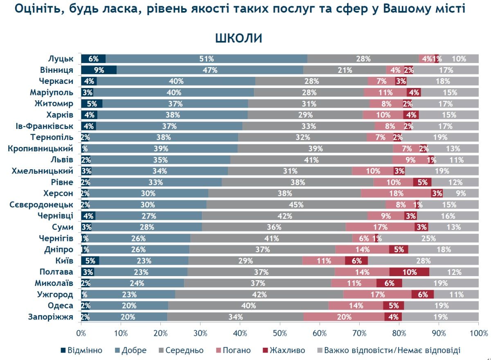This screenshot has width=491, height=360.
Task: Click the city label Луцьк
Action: coord(60,58)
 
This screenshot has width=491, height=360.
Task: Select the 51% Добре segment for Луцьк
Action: coord(207,59)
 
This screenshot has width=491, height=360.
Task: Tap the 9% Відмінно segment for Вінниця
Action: coord(99,70)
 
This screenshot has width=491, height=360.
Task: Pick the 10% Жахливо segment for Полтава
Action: coord(409,272)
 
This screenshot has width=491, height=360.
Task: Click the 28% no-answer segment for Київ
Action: coord(423,261)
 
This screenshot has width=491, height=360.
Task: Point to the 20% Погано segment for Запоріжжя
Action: coord(344,317)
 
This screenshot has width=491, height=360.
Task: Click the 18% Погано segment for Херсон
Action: coord(396,193)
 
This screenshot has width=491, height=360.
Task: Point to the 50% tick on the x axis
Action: coord(280,333)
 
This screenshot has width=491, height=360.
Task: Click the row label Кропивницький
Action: coord(41,148)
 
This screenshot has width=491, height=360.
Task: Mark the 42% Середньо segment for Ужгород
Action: coord(259,294)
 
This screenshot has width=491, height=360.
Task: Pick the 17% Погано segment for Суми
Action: coord(381,227)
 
